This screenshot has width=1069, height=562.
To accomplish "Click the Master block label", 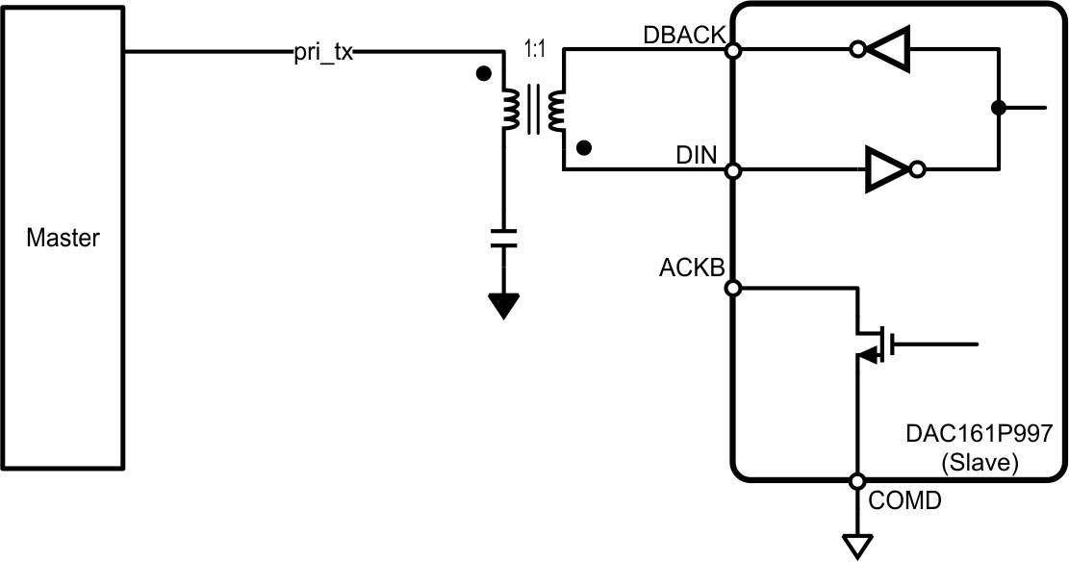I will (63, 238).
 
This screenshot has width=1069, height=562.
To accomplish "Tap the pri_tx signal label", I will (323, 54).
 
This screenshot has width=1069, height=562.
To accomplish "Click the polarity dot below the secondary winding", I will (582, 147).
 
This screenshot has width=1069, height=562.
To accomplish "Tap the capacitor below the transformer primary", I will (503, 238).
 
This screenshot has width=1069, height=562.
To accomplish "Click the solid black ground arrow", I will (503, 306).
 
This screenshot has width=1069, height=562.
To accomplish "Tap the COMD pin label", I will (904, 501).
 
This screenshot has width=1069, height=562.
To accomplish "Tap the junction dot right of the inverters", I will (1001, 107).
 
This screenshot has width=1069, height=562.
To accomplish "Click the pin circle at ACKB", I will (732, 288).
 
